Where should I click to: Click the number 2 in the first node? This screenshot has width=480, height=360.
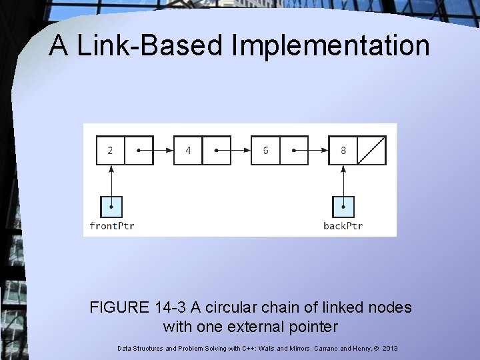pyautogui.click(x=110, y=150)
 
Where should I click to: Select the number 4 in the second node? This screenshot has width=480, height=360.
pyautogui.click(x=188, y=150)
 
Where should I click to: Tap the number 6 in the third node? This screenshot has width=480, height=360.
pyautogui.click(x=265, y=150)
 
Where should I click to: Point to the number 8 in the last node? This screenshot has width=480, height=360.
pyautogui.click(x=343, y=150)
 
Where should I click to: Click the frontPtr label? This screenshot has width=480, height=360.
pyautogui.click(x=112, y=225)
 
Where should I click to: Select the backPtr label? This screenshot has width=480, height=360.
pyautogui.click(x=343, y=225)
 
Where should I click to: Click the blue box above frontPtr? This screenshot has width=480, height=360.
pyautogui.click(x=111, y=206)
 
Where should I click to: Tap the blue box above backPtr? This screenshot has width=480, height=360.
pyautogui.click(x=343, y=206)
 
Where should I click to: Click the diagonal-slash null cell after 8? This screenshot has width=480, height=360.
pyautogui.click(x=372, y=150)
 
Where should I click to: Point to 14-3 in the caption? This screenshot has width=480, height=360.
pyautogui.click(x=172, y=308)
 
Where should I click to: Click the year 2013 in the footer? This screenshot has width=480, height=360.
pyautogui.click(x=390, y=348)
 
